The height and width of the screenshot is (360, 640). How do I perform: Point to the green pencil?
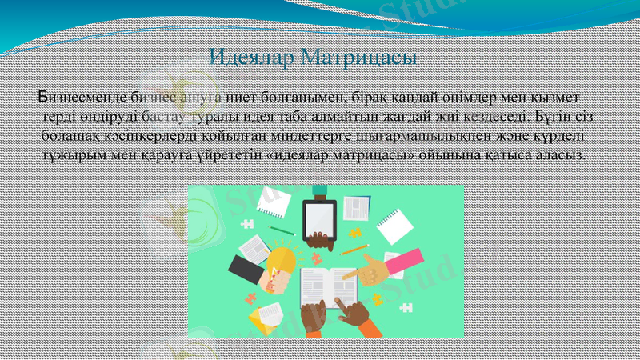coord(282,230)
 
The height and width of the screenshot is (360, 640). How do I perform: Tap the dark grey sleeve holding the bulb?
coord(244,270)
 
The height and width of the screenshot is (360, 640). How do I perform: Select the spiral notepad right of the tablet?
coord(391,226)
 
